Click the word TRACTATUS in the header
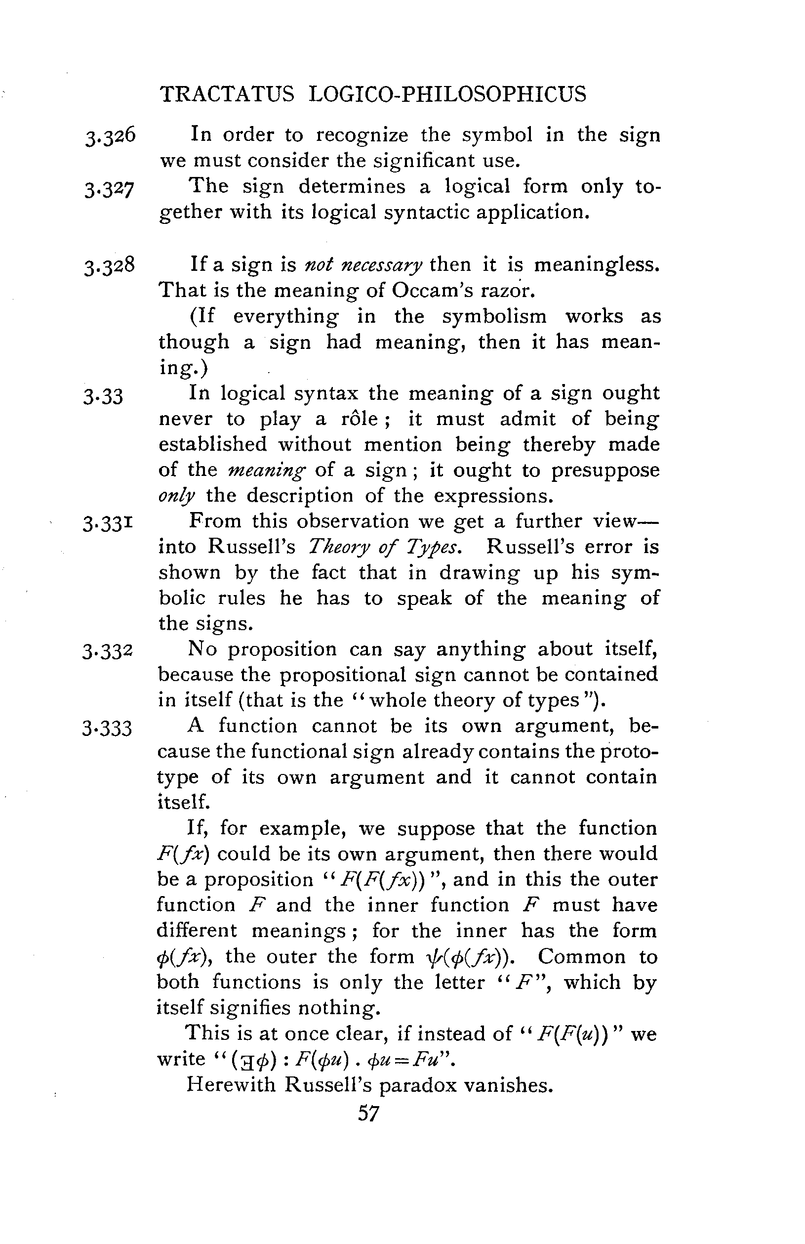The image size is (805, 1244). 227,94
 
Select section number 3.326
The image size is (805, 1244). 110,136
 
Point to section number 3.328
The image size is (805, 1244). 110,265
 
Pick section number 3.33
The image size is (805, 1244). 103,396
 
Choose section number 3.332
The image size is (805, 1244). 108,651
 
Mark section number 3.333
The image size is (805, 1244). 107,728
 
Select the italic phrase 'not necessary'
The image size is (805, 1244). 363,265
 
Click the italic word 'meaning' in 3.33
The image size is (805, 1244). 266,471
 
